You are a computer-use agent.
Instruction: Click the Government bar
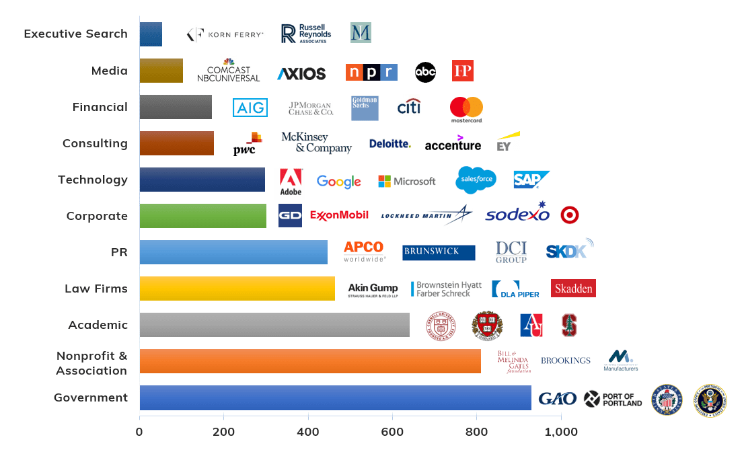click(335, 397)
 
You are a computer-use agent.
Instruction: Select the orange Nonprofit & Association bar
click(310, 361)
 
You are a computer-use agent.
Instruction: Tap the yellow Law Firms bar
click(237, 289)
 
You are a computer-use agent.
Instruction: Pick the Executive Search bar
click(151, 34)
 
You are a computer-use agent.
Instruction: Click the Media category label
click(110, 71)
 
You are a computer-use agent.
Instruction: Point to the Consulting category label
click(95, 143)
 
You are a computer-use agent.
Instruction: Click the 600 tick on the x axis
click(392, 431)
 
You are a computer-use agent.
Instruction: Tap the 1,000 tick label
click(560, 431)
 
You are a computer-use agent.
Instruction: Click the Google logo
click(338, 181)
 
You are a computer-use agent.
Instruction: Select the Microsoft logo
click(407, 181)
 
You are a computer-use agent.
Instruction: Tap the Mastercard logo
click(466, 110)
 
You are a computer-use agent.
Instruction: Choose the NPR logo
click(371, 72)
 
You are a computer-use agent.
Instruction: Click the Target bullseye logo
click(570, 215)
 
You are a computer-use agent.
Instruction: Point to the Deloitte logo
click(389, 143)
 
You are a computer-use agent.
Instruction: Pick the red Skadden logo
click(573, 289)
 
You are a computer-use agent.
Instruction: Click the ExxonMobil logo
click(339, 215)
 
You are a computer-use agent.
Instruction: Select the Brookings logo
click(565, 360)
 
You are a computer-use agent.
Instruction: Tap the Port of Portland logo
click(613, 399)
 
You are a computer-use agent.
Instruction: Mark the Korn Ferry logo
click(225, 34)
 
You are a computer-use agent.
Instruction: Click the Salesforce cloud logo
click(476, 180)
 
